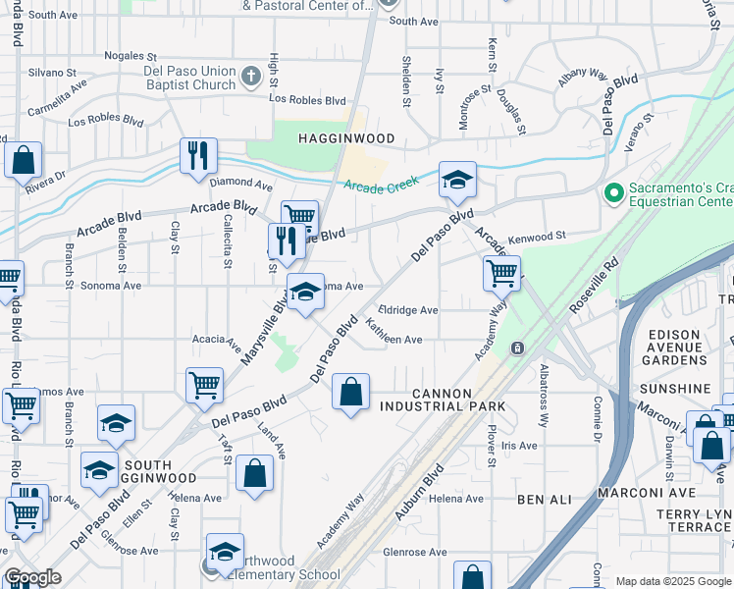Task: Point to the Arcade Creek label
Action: click(381, 184)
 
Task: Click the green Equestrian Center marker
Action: click(615, 193)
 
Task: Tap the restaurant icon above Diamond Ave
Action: click(198, 157)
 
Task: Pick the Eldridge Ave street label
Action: click(408, 310)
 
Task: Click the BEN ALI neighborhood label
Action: click(545, 500)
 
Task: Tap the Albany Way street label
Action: click(583, 76)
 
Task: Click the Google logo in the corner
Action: click(32, 577)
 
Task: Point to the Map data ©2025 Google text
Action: click(672, 581)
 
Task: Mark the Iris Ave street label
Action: click(519, 446)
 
